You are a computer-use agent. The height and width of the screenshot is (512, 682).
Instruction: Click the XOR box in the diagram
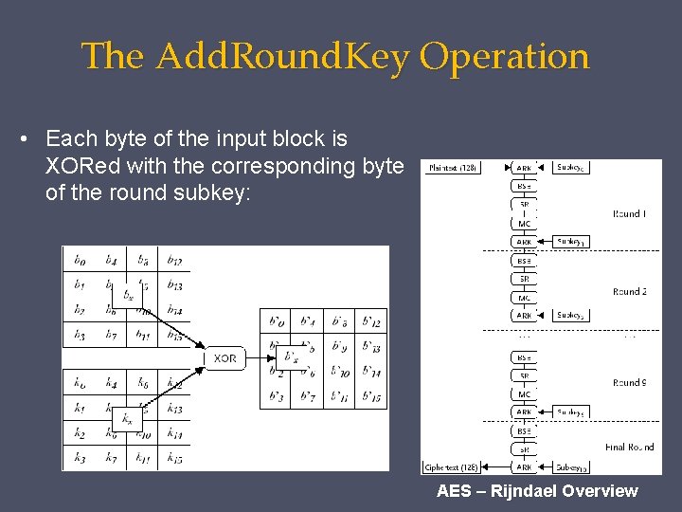[x=224, y=358]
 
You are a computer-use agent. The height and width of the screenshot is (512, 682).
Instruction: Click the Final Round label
[x=629, y=447]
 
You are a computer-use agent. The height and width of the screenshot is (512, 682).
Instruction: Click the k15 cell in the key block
[x=174, y=459]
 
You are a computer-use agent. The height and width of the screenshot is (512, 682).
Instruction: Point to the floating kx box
[x=128, y=418]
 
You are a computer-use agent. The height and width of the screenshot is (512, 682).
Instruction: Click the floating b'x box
[x=291, y=357]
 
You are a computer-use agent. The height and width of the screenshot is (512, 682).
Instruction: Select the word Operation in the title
[x=505, y=57]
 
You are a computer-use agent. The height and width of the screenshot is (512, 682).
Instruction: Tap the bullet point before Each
[x=24, y=139]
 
